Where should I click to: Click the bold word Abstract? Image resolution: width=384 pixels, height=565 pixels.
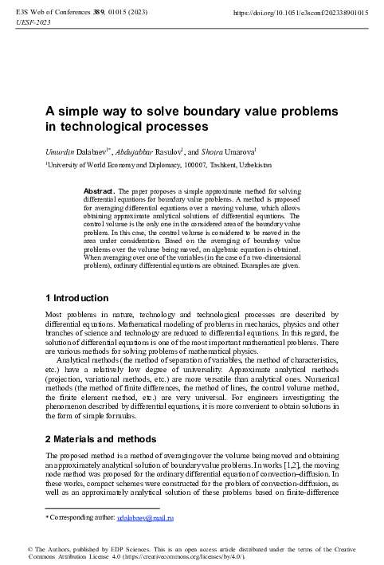click(x=99, y=192)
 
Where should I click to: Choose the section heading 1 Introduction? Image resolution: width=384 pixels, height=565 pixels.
click(x=76, y=298)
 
